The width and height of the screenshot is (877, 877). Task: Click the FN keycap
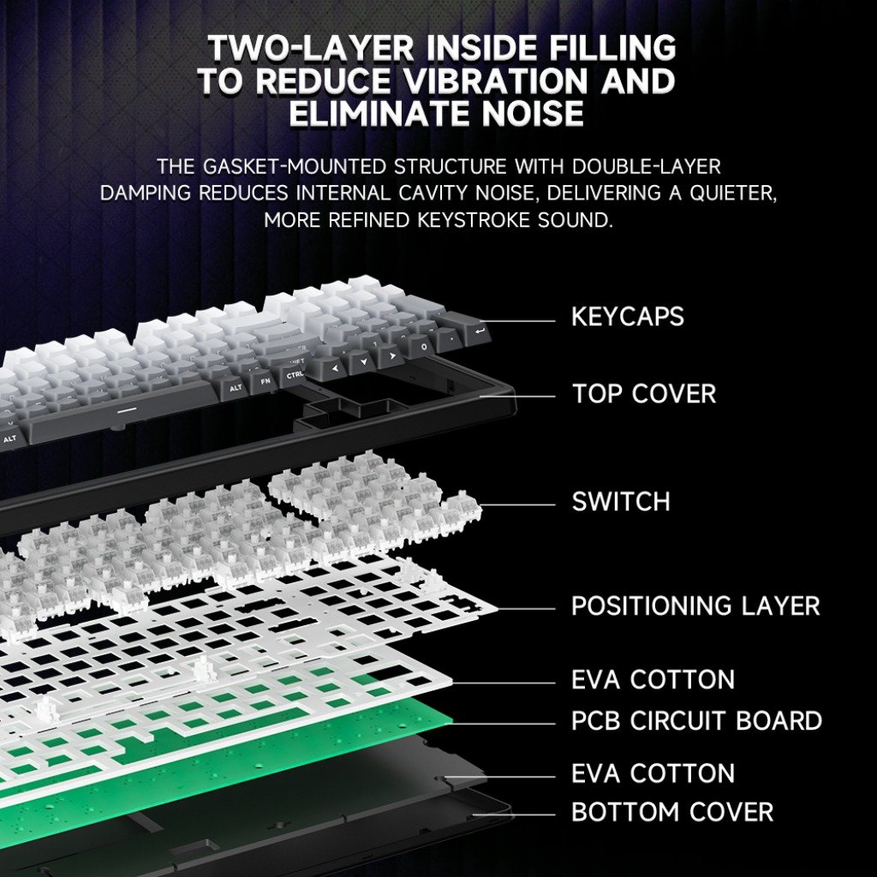pos(265,381)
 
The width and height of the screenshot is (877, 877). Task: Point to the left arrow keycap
pos(335,368)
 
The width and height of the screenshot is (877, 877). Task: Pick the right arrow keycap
pos(392,355)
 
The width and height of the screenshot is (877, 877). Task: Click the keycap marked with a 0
pos(423,348)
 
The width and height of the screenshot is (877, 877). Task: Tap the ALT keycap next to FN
pos(236,388)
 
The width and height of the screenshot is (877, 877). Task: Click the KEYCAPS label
pos(628,317)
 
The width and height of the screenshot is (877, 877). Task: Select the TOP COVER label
pos(644,394)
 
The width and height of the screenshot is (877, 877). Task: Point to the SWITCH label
pos(621,501)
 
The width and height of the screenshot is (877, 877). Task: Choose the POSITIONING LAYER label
pos(695,606)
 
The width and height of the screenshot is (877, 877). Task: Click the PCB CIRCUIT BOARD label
pos(696,720)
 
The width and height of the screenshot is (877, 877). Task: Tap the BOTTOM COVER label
pos(672,812)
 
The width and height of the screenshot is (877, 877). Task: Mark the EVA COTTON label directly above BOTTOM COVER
pos(653,773)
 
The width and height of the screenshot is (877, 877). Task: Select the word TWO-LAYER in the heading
pos(310,48)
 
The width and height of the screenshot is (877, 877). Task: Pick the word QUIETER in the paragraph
pos(733,194)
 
